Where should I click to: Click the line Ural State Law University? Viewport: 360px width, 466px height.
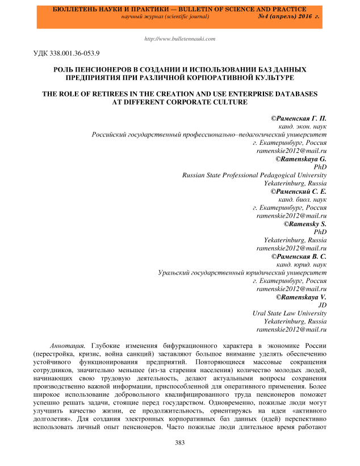tap(289, 313)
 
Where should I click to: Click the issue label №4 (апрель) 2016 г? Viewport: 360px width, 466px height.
tap(288, 18)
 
